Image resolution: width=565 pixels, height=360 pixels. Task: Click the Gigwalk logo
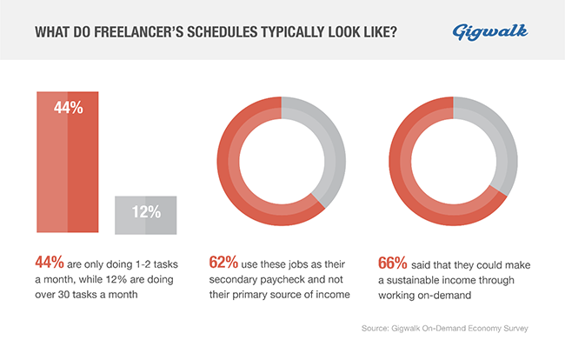click(x=489, y=32)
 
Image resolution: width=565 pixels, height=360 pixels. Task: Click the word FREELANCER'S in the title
click(x=136, y=33)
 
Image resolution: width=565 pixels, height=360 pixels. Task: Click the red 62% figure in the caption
click(x=224, y=261)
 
